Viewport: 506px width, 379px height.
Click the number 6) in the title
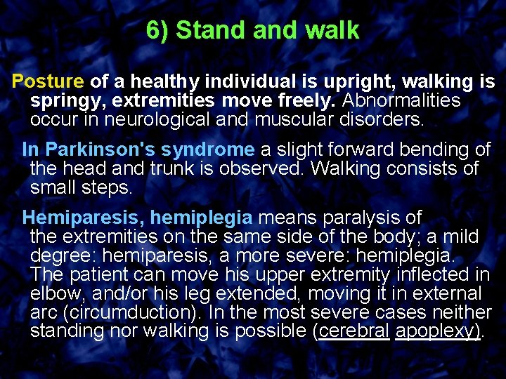(158, 31)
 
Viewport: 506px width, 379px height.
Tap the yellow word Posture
(48, 81)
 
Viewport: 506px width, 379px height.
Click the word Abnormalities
(401, 100)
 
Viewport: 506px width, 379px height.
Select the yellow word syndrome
(207, 149)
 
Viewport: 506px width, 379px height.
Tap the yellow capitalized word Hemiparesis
(83, 218)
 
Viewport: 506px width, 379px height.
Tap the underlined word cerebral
(354, 331)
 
